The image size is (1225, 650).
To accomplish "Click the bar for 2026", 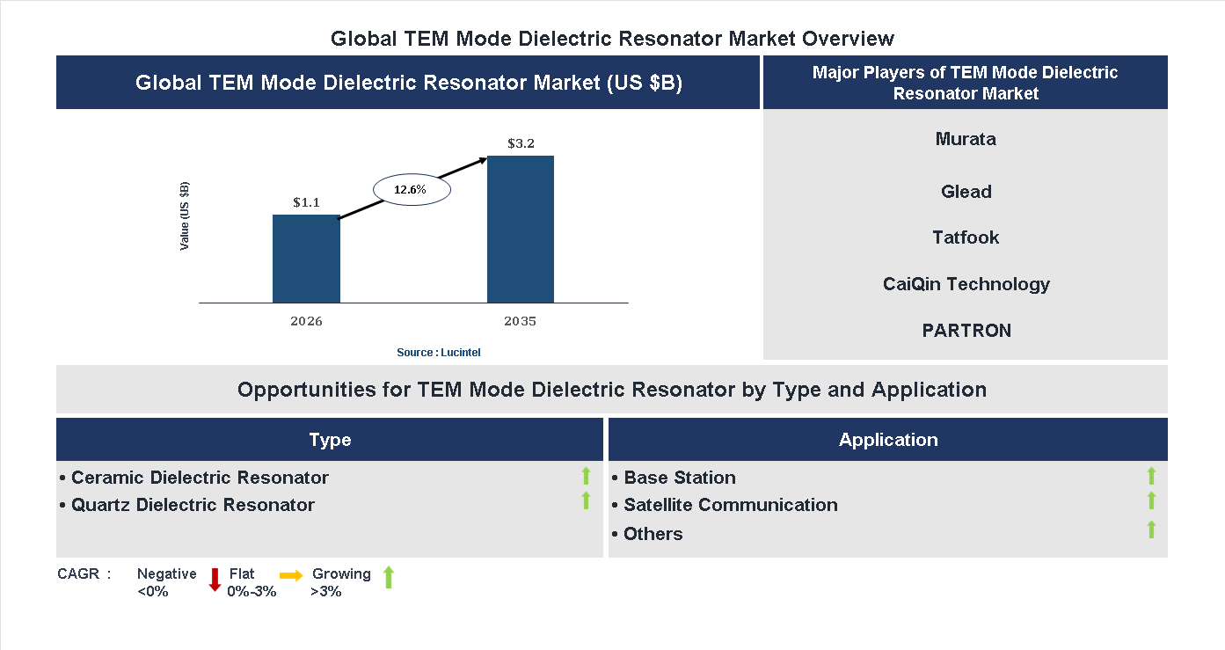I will pos(306,259).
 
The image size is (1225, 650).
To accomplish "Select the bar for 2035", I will pos(521,230).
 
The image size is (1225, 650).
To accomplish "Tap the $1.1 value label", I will pos(306,202).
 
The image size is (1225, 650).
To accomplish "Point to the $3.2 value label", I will pos(521,143).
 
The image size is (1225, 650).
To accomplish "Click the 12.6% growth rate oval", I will pos(411,189).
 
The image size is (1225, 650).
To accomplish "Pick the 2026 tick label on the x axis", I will pos(306,321).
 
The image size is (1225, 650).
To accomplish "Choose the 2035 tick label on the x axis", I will pos(521,321).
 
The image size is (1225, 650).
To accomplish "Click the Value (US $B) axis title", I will pos(185,216).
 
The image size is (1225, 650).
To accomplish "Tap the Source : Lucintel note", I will pos(438,353).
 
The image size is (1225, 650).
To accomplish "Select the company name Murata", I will pos(966,139).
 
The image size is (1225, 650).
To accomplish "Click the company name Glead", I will pos(966,192).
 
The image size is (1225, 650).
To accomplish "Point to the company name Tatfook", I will pos(966,237).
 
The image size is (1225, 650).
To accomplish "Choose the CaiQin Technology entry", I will pos(966,284).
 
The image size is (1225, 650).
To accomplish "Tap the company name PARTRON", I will pos(966,331).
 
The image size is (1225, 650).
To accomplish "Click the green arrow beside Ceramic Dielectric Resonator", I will pos(586,477).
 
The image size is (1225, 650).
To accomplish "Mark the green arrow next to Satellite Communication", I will pos(1151,501).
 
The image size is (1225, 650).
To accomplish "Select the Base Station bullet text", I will pos(679,478).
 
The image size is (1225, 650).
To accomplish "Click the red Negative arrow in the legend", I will pos(215,580).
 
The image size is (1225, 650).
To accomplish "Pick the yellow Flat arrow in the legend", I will pos(291,575).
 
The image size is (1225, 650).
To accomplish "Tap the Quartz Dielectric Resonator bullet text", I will pos(192,505).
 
